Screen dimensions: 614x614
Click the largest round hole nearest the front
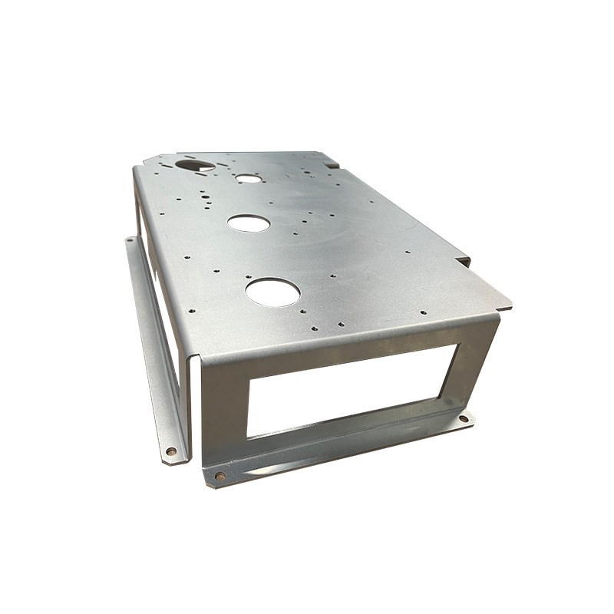pyautogui.click(x=272, y=292)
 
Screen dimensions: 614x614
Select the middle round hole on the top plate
pyautogui.click(x=249, y=223)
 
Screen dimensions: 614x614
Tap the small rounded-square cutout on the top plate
pyautogui.click(x=248, y=179)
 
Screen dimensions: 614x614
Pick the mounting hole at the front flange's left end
pyautogui.click(x=221, y=476)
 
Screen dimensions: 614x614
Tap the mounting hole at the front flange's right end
pyautogui.click(x=464, y=419)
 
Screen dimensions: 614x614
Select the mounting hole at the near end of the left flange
pyautogui.click(x=170, y=451)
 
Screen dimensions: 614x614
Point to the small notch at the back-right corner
pyautogui.click(x=331, y=163)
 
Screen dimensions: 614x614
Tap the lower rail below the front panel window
pyautogui.click(x=353, y=437)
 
